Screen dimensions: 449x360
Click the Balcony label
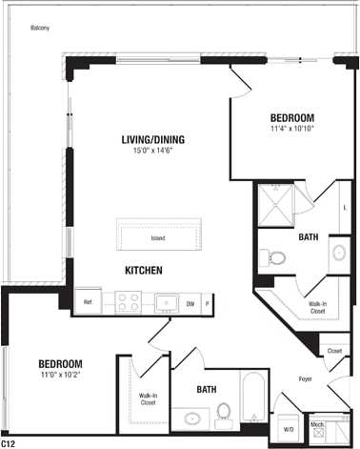tap(40, 28)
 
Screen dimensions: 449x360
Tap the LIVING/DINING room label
tap(152, 140)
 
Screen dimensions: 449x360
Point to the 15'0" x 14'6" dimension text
tap(152, 153)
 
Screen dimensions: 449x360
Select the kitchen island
tap(158, 237)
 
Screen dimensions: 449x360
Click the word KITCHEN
tap(144, 271)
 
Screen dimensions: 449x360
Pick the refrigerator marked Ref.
tap(88, 302)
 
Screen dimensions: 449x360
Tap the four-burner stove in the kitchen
tap(129, 303)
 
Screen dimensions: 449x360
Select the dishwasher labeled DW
tap(190, 303)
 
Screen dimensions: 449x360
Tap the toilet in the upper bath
tap(273, 255)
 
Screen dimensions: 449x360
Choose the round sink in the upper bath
tap(339, 253)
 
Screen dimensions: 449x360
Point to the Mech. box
tap(317, 425)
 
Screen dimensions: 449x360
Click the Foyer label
tap(306, 378)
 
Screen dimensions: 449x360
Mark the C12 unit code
tap(9, 443)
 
